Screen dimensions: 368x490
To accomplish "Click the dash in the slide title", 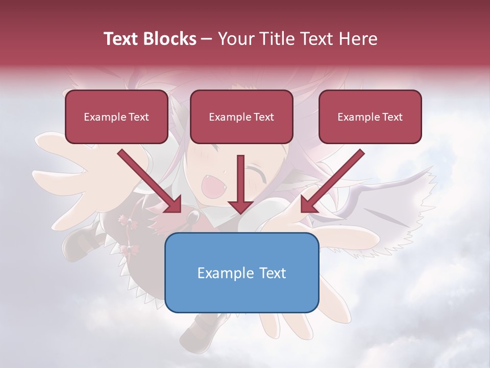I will click(207, 39).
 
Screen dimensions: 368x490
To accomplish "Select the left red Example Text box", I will click(116, 117).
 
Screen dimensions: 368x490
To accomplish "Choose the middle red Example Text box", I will click(241, 117).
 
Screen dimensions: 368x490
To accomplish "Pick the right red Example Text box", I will click(370, 117).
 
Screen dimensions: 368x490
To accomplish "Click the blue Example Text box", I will click(241, 272).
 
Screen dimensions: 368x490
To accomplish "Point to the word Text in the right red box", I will click(392, 117).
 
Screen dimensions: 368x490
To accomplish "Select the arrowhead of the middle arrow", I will click(240, 206).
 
